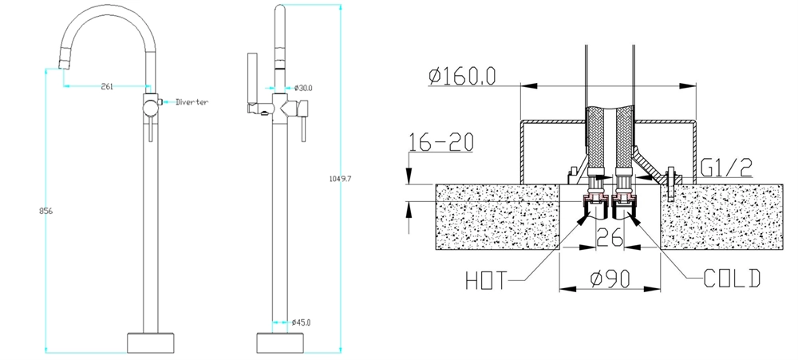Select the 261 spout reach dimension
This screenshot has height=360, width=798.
tap(106, 86)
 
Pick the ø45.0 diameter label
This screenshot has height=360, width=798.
tap(301, 322)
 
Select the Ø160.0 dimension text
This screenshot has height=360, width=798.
tap(462, 77)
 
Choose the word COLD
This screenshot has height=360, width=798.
tap(732, 279)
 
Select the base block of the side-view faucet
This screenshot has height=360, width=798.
tap(279, 342)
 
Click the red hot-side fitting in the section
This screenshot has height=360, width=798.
tap(593, 199)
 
